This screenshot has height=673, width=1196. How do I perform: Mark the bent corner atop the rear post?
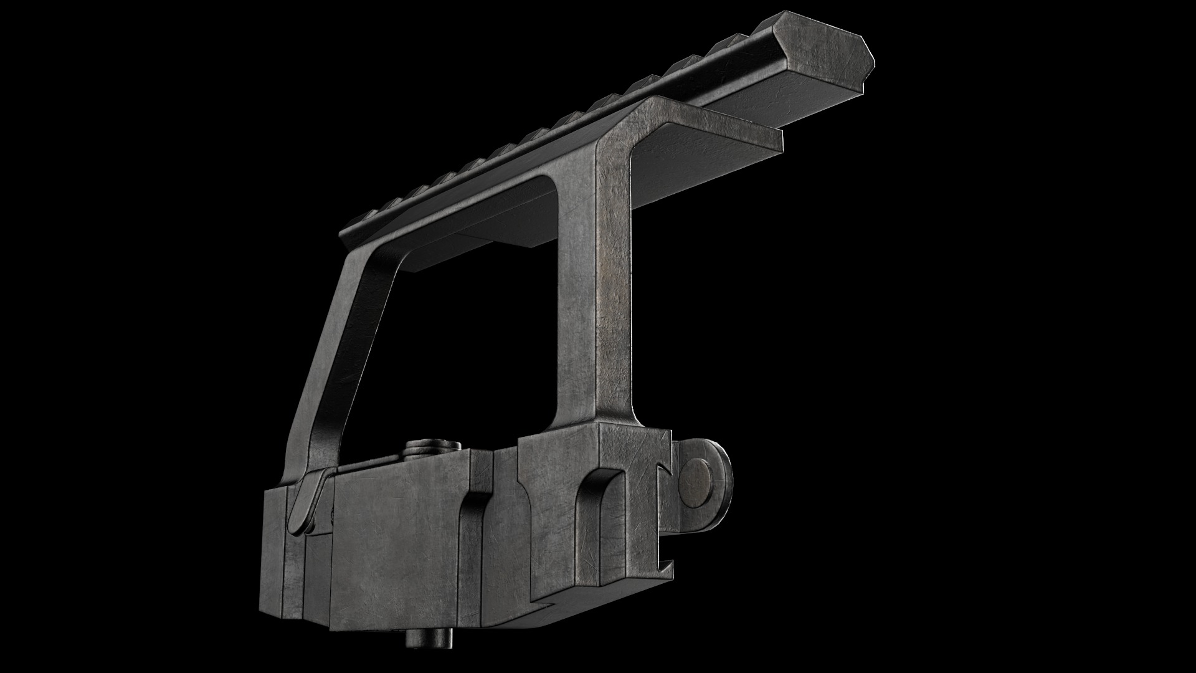pos(623,125)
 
